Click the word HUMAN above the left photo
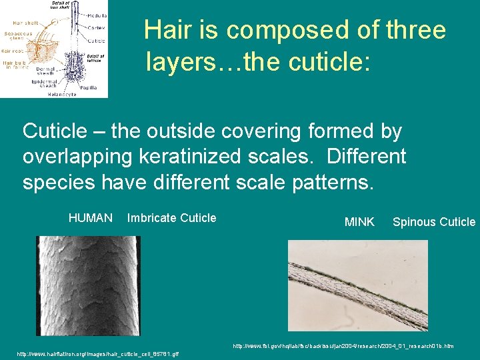click(x=90, y=218)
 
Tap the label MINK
click(x=359, y=222)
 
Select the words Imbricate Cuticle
click(x=171, y=218)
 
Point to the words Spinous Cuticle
click(x=434, y=222)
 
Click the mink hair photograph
click(x=357, y=286)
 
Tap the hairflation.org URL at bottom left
click(x=97, y=353)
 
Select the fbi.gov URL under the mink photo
click(x=343, y=346)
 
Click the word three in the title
click(x=415, y=31)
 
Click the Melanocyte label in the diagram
click(x=61, y=95)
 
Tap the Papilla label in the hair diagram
click(x=89, y=87)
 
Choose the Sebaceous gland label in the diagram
click(x=15, y=35)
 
